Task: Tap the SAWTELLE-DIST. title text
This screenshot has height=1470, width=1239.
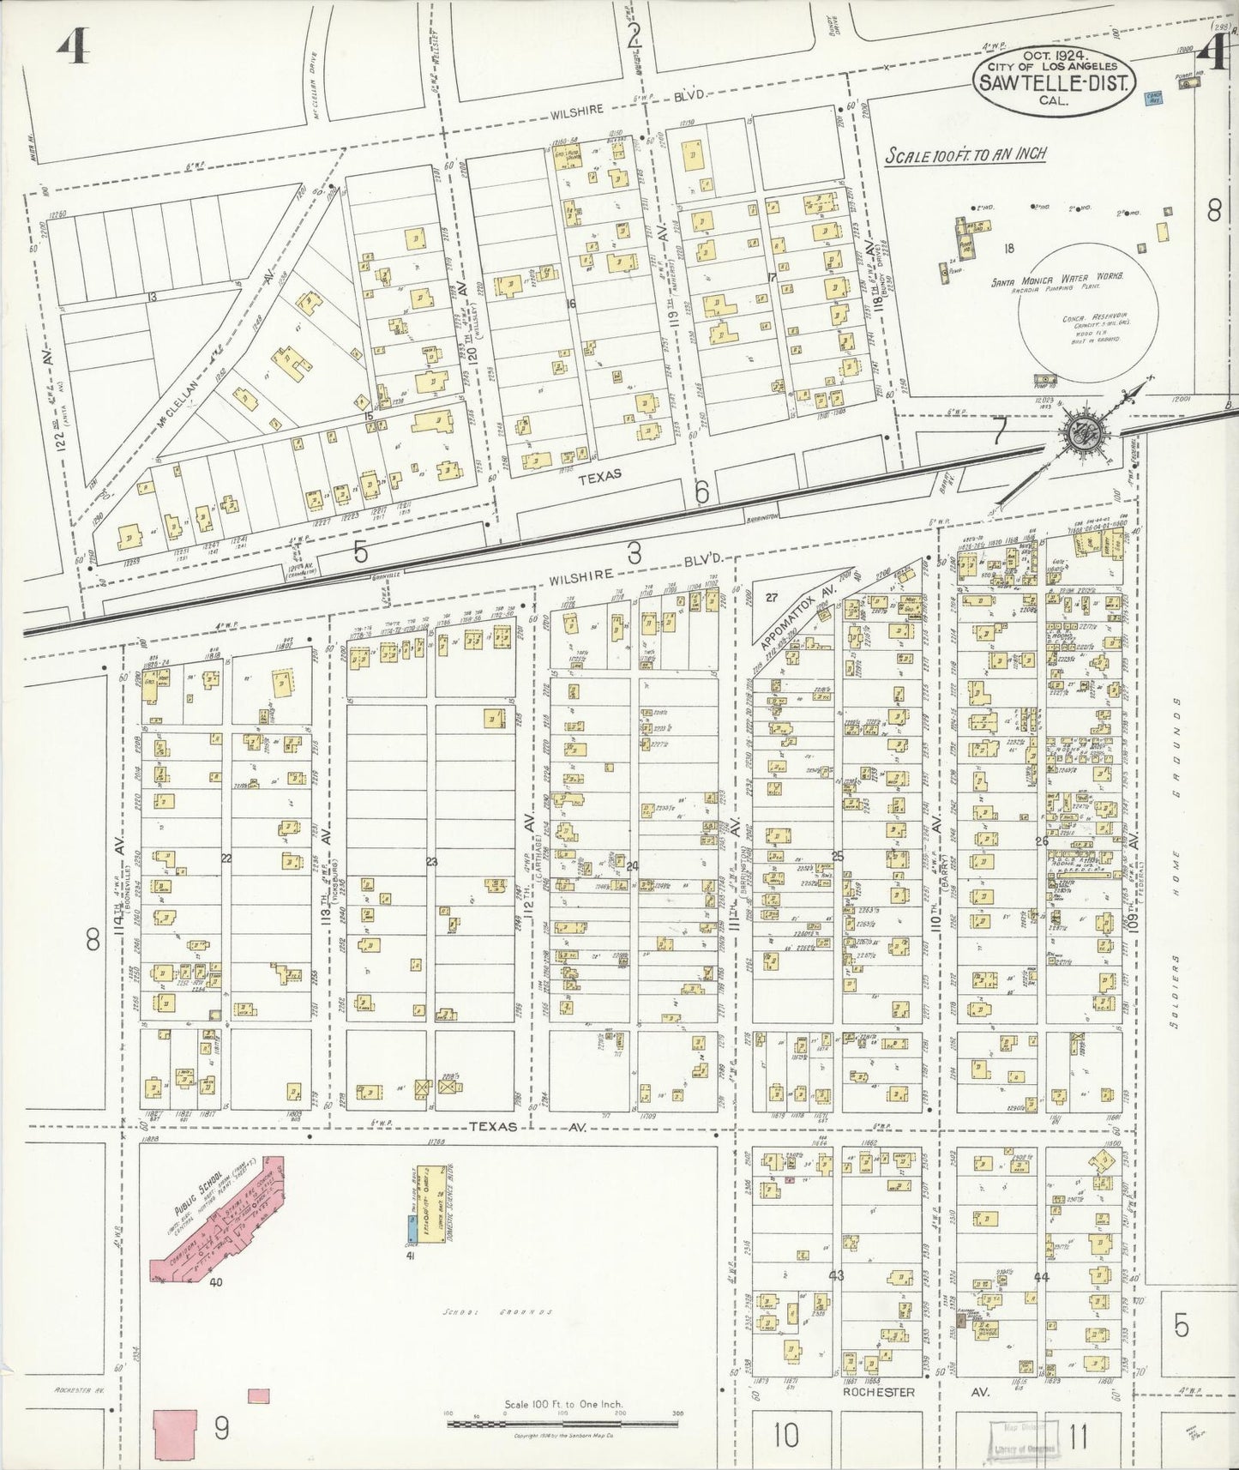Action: (1062, 82)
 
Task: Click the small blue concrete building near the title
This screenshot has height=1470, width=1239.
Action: (1153, 99)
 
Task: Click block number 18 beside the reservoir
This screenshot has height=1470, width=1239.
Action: (1009, 249)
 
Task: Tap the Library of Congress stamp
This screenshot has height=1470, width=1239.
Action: (1023, 1434)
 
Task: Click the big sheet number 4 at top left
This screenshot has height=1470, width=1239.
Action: (75, 50)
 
